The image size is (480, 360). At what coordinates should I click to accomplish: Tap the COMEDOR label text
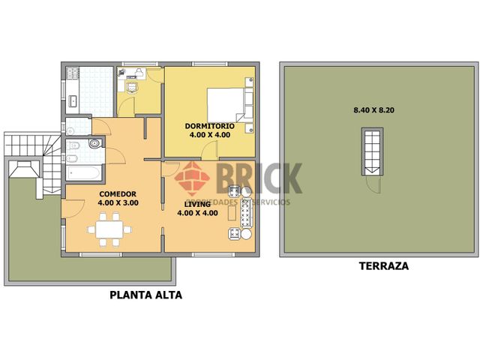tap(118, 193)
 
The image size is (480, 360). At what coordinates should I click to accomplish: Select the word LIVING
tap(197, 203)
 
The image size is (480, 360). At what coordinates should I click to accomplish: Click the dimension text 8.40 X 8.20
tap(374, 110)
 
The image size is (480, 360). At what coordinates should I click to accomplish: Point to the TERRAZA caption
tap(383, 265)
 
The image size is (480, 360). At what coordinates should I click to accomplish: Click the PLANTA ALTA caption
tap(145, 295)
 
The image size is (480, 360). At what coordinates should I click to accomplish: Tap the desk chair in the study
tap(133, 85)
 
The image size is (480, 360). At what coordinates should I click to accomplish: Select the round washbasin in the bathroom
tap(94, 142)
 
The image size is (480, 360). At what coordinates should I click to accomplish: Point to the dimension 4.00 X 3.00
tap(118, 202)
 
